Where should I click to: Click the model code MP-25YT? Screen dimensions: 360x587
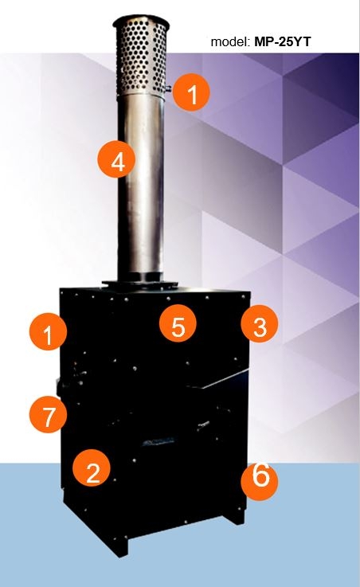pos(282,41)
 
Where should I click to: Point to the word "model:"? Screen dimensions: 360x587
pos(230,41)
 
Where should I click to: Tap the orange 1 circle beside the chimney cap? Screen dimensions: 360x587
pos(191,92)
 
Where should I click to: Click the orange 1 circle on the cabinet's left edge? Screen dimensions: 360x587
pos(49,332)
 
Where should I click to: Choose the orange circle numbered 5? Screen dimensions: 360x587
pos(178,323)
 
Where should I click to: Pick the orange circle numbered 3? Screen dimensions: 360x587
pos(260,323)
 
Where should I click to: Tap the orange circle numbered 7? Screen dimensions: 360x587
pos(49,414)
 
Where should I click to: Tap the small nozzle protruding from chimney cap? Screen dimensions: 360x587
pos(168,88)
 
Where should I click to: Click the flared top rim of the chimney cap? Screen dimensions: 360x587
pos(141,22)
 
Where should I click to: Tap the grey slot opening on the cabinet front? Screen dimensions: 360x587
pos(159,443)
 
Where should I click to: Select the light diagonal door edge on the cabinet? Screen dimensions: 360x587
pos(224,379)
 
